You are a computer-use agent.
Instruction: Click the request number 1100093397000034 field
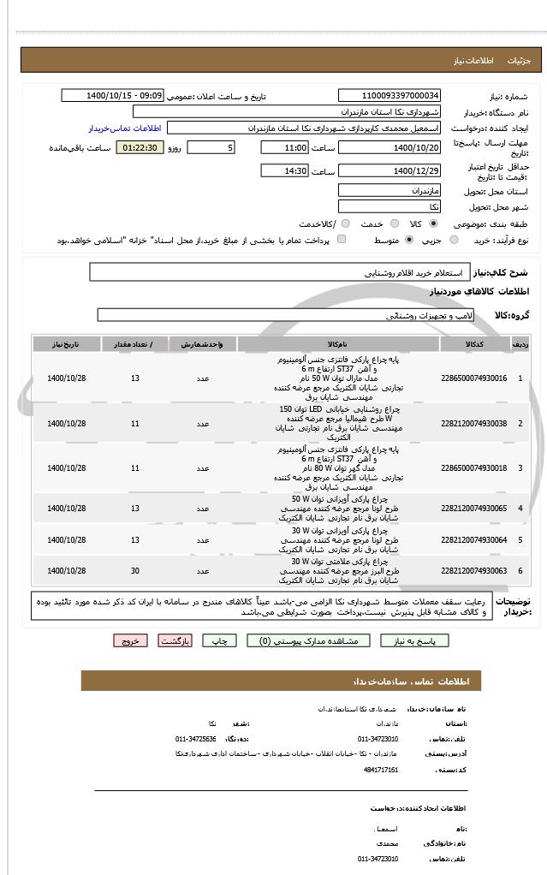tap(389, 96)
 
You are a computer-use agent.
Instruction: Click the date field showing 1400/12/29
tap(389, 170)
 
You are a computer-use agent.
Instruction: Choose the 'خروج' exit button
tap(130, 640)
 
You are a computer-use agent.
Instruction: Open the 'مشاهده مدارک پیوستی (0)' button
tap(307, 640)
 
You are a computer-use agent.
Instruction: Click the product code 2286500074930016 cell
tap(473, 378)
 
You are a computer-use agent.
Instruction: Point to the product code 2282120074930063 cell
tap(473, 570)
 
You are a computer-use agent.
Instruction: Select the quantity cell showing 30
tap(135, 570)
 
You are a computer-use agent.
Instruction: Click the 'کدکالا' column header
tap(473, 344)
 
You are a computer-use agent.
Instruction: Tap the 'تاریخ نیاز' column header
tap(67, 344)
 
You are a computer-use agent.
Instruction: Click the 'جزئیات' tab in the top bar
tap(519, 61)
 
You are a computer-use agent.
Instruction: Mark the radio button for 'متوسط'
tap(409, 241)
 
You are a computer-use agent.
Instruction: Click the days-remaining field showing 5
tap(211, 148)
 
